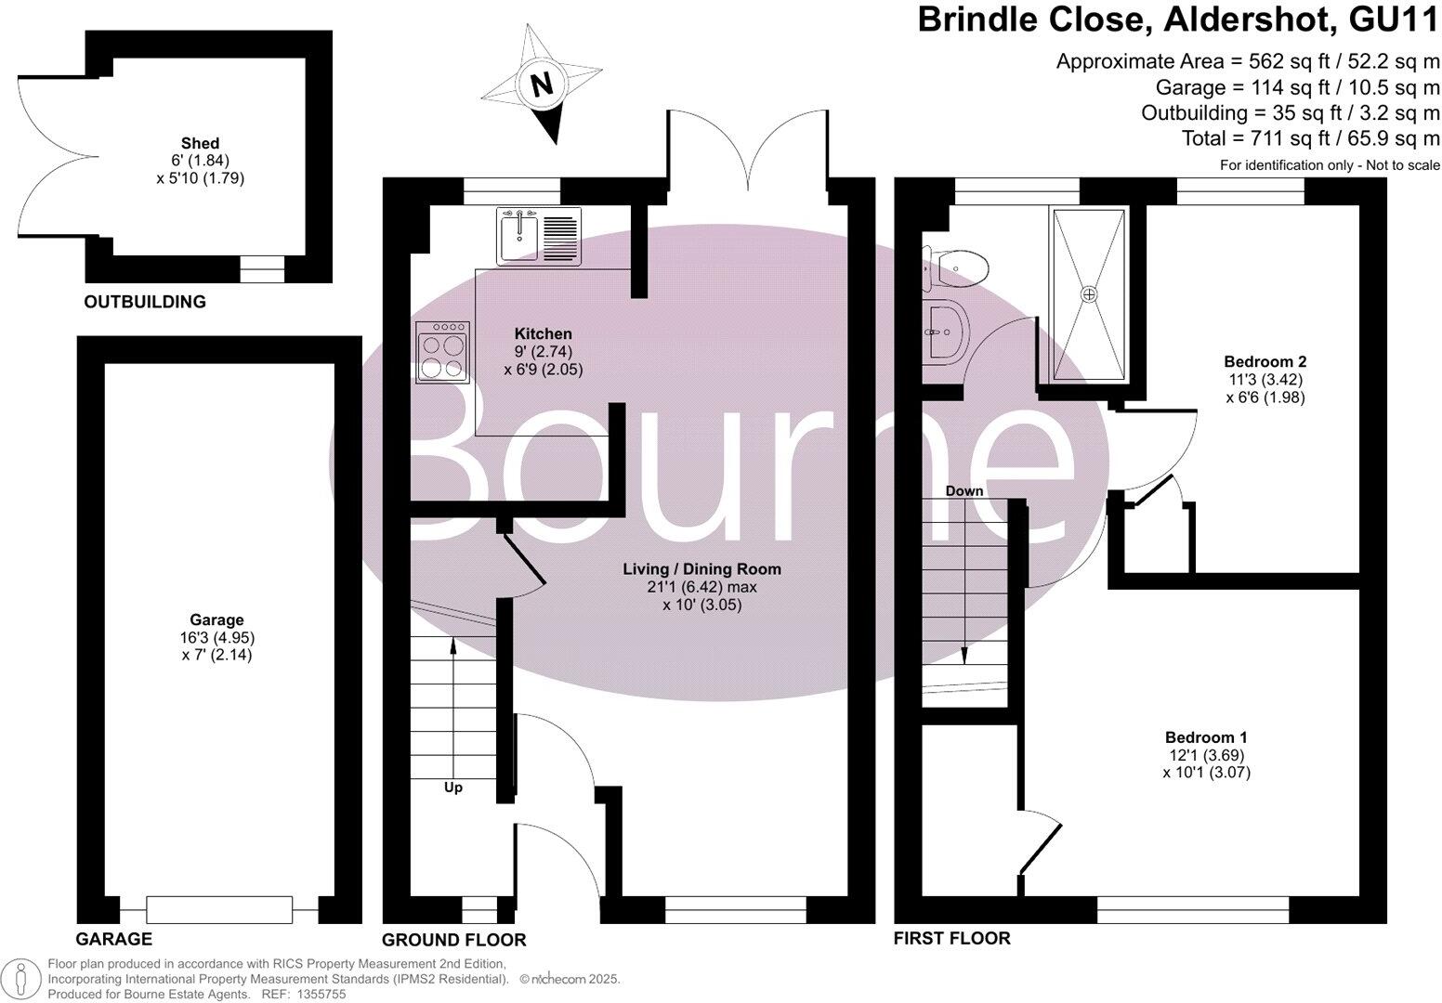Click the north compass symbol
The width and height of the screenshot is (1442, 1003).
point(542,84)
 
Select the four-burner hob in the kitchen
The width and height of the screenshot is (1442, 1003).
point(443,352)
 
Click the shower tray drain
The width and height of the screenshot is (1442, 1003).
point(1089,293)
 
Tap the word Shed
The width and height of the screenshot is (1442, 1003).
point(201,143)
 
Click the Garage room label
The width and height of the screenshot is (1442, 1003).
point(216,620)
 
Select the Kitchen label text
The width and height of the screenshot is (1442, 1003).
point(544,334)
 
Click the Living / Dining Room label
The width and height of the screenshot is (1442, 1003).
point(701,569)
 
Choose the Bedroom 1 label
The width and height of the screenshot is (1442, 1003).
point(1206,737)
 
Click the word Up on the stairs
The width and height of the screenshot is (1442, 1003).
point(452,788)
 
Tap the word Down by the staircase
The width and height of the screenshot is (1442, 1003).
point(964,490)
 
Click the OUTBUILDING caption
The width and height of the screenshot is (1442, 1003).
point(145,302)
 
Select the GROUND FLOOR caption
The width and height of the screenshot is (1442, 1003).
point(453,940)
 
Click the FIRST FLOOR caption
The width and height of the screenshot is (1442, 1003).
point(951,939)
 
